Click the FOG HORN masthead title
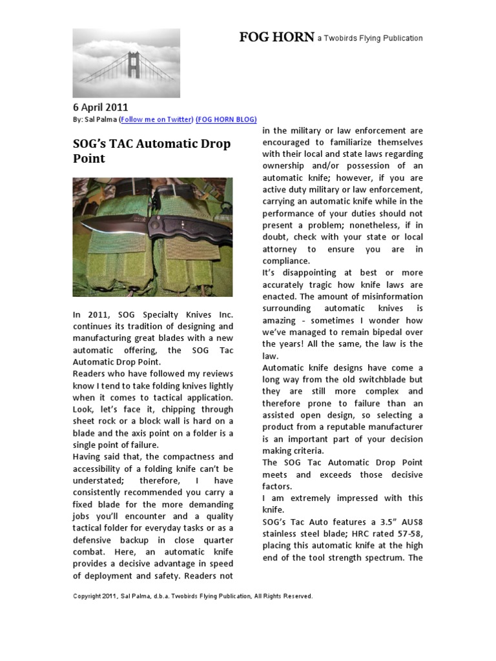point(277,37)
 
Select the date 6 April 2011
point(100,107)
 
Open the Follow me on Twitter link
point(156,119)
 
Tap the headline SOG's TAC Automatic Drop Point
point(151,150)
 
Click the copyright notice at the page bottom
point(192,596)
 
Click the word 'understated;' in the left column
point(101,481)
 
